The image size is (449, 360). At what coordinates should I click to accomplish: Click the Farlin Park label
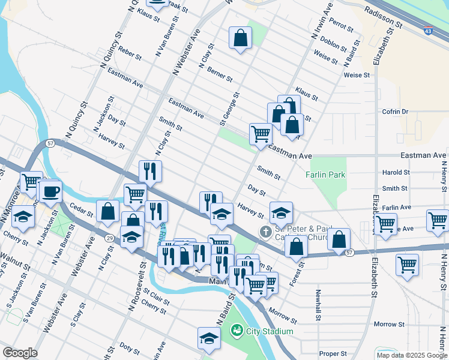click(x=325, y=175)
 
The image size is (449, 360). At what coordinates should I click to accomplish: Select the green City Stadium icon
click(x=237, y=331)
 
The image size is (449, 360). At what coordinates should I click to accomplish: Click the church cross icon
click(x=265, y=231)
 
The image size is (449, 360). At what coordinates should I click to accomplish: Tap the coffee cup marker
click(x=51, y=191)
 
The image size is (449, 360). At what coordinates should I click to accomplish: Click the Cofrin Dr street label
click(x=394, y=112)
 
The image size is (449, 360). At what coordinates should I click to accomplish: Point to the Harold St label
click(x=396, y=172)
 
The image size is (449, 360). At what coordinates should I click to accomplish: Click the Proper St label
click(x=333, y=354)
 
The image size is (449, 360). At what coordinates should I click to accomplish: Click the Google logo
click(x=20, y=353)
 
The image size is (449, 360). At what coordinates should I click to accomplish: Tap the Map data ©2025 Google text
click(x=412, y=355)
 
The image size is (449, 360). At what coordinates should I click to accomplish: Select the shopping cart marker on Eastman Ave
click(x=261, y=134)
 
